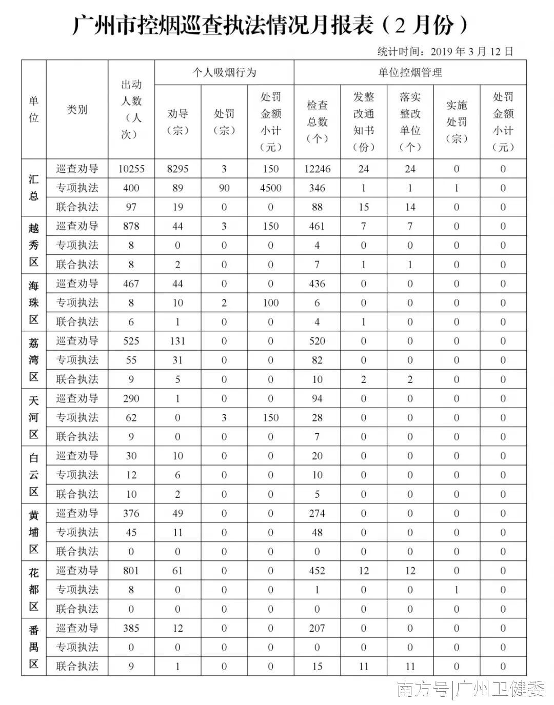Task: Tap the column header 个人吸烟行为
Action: [x=224, y=72]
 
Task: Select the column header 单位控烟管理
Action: [x=410, y=72]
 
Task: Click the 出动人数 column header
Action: [x=131, y=109]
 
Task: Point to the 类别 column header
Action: [x=77, y=109]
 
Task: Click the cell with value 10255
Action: [x=131, y=169]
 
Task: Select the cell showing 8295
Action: [x=177, y=169]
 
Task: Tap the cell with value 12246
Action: [x=317, y=169]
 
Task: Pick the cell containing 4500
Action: [x=270, y=188]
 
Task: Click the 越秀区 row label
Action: [x=33, y=245]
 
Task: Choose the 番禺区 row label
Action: [x=33, y=647]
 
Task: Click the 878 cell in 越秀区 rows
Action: [x=131, y=226]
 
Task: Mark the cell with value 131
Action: [x=177, y=341]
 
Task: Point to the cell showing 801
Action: [x=131, y=571]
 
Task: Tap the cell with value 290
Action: [x=131, y=398]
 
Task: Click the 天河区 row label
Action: [x=33, y=417]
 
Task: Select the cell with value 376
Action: [x=131, y=513]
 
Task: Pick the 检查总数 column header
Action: [x=317, y=122]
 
